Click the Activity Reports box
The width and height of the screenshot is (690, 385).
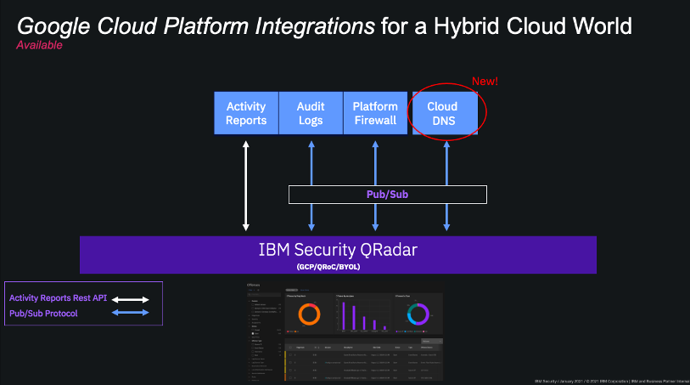(x=246, y=113)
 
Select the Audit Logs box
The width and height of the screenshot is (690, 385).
(x=311, y=113)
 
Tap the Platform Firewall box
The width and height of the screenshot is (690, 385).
(x=374, y=113)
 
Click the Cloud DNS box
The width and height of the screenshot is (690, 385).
(x=441, y=113)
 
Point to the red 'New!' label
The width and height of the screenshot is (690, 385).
(x=485, y=82)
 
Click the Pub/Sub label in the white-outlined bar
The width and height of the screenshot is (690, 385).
(x=388, y=195)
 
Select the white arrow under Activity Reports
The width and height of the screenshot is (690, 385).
(x=246, y=184)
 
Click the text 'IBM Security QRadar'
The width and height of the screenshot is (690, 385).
(x=338, y=250)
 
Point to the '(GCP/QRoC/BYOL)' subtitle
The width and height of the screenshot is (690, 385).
(x=338, y=266)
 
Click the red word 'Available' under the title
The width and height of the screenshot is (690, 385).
(x=39, y=46)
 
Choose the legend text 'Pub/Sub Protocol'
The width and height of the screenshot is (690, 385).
(x=43, y=314)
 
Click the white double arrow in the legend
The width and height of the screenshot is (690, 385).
(x=132, y=299)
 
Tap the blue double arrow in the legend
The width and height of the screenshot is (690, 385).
(x=132, y=314)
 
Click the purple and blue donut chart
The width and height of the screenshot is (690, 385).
(x=418, y=314)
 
